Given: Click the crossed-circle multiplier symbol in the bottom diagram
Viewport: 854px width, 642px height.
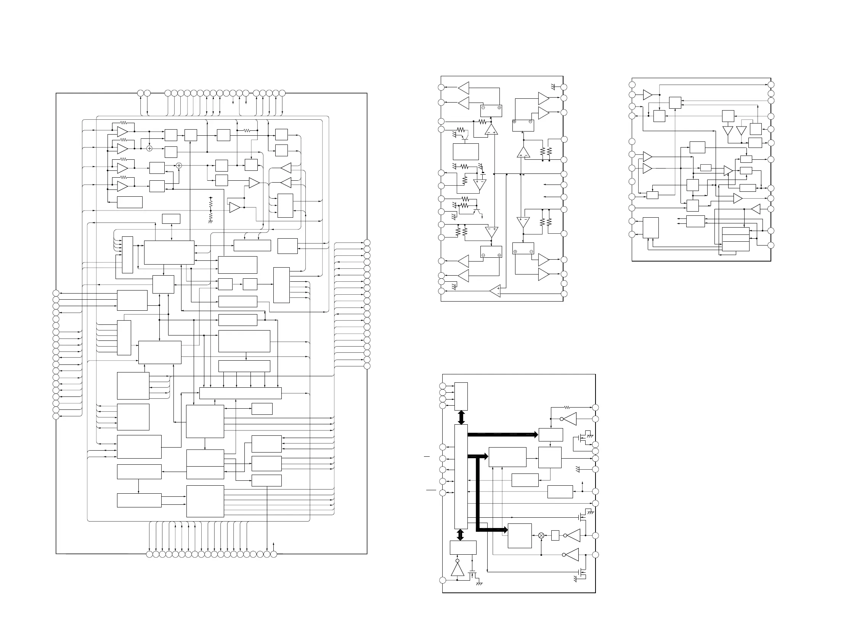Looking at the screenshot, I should (541, 536).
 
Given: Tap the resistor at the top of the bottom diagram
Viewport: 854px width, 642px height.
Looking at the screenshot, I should (567, 407).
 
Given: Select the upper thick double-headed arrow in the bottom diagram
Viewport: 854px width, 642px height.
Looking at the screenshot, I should (461, 417).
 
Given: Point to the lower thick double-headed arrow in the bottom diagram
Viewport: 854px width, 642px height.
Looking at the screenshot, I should (460, 534).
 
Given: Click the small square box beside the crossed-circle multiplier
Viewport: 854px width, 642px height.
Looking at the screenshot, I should (555, 536).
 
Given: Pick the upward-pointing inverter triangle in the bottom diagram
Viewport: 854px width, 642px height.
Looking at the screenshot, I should (457, 569).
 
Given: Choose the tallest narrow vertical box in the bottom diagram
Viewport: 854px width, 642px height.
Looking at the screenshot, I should (461, 477).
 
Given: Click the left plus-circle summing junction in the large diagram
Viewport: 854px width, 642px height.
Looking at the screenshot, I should (149, 149).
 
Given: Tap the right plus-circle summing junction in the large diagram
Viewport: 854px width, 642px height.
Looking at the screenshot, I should (179, 165).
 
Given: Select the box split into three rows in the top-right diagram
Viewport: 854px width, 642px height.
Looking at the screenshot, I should (735, 239).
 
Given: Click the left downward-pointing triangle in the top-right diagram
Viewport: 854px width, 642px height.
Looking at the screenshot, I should (728, 131).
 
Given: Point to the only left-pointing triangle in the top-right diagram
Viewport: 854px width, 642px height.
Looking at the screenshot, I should (756, 209).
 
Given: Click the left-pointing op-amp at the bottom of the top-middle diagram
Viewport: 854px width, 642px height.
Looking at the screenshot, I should (495, 291).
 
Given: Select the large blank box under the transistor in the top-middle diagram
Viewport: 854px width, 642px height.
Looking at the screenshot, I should (466, 151).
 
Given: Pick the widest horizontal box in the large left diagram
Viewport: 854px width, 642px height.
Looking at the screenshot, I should (240, 393).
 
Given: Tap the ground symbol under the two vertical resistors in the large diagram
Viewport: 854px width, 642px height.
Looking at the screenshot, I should (210, 222).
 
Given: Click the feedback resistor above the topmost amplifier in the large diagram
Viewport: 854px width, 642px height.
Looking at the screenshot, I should (124, 123).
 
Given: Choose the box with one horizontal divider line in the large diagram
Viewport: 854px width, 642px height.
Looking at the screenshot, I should (205, 464).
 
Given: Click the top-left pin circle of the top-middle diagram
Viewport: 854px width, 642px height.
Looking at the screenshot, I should (441, 87).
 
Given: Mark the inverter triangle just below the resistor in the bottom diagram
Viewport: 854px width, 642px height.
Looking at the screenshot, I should (570, 419).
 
